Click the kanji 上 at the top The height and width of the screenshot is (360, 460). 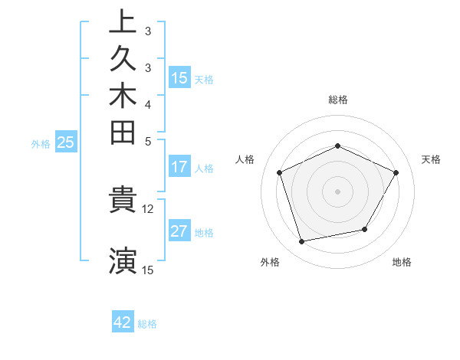pos(123,21)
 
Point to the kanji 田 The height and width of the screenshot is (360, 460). pos(123,133)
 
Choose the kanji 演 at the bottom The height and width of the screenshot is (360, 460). pos(123,260)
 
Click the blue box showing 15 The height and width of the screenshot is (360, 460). pos(179,77)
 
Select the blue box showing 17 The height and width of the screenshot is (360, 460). pos(179,167)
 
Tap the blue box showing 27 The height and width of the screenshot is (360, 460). pos(179,231)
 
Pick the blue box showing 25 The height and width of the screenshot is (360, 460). pos(66,142)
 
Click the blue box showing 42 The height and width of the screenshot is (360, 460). pos(123,322)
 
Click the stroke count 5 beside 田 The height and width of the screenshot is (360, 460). pos(148,141)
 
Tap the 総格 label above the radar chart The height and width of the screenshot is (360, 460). pos(337,100)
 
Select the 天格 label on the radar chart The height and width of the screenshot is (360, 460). pos(431,159)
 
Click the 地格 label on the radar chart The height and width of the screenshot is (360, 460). pos(402,262)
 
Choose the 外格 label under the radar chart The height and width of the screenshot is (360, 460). pos(270,262)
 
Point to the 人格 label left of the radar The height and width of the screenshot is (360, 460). pos(245,159)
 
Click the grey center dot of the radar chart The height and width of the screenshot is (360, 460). pos(337,191)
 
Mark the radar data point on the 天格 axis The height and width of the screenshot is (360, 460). pos(396,172)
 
